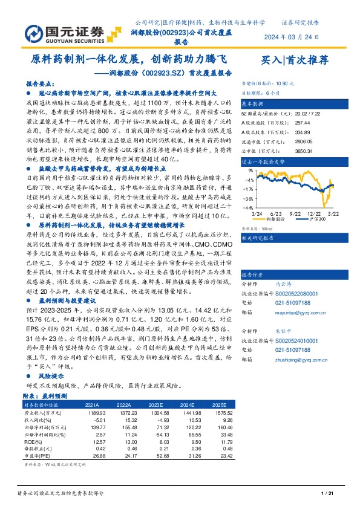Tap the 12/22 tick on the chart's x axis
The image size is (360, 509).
(313, 213)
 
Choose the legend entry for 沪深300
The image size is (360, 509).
(314, 220)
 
